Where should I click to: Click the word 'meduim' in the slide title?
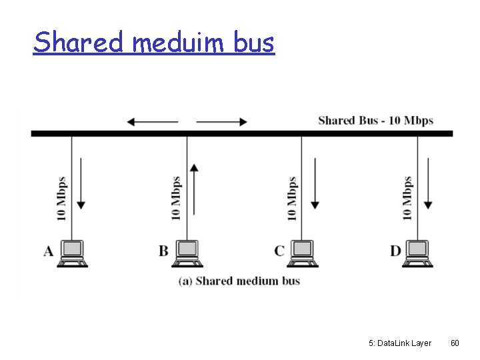click(180, 43)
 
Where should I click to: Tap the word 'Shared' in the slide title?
click(79, 42)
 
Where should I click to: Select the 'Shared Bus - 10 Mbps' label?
click(375, 121)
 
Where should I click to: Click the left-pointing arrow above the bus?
click(152, 122)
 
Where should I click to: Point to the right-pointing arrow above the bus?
click(222, 122)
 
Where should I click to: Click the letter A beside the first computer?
click(49, 251)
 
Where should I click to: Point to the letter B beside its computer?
click(163, 251)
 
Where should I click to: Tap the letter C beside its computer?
click(279, 251)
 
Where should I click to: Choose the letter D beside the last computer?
click(395, 251)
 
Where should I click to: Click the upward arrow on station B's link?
click(194, 189)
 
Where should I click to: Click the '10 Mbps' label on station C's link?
click(291, 199)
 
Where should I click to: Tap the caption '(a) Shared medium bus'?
click(239, 281)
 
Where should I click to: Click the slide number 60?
click(455, 343)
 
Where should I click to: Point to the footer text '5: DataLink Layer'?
click(400, 343)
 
